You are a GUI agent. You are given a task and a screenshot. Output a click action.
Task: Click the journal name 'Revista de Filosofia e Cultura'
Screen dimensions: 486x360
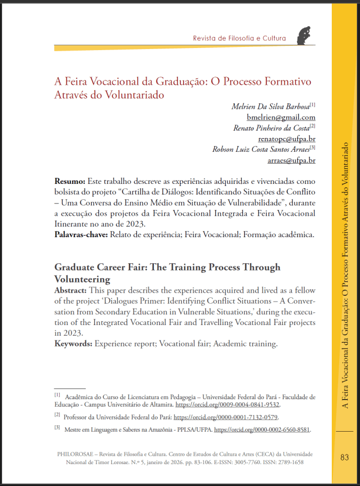pos(239,38)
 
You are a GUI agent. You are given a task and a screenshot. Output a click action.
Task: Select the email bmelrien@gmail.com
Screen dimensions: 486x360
pos(281,117)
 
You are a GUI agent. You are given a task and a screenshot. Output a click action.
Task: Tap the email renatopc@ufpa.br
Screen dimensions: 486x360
pos(287,139)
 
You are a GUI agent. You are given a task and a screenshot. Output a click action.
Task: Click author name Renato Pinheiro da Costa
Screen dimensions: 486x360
pos(271,128)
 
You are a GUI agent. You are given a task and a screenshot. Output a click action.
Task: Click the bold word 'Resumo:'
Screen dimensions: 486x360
pos(70,181)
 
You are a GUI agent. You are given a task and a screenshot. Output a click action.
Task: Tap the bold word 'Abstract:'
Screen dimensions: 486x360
pos(72,290)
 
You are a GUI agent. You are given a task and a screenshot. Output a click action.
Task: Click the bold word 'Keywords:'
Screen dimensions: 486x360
pos(73,344)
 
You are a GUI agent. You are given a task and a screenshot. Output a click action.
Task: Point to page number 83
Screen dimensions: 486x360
pos(344,457)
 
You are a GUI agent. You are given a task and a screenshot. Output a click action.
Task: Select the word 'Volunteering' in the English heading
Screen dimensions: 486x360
pos(83,279)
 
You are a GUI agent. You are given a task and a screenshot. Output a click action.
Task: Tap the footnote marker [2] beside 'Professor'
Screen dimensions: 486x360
pos(57,415)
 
